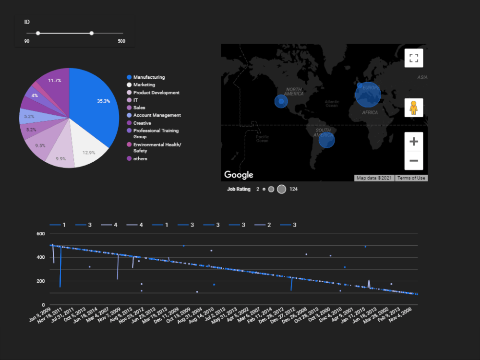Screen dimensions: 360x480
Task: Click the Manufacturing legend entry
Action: coord(149,77)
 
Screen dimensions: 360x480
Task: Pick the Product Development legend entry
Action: coord(156,93)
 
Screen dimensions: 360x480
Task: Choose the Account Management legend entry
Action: coord(156,115)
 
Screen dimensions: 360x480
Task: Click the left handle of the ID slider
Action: coord(38,33)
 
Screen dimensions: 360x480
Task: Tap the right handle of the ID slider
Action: coord(91,33)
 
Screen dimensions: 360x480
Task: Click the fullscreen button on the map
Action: coord(414,59)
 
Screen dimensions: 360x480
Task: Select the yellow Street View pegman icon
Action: coord(414,108)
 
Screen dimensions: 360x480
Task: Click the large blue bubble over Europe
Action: coord(368,94)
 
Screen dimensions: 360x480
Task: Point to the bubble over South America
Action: coord(326,141)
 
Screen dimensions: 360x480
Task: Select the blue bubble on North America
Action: coord(281,101)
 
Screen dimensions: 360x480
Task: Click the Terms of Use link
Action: coord(411,178)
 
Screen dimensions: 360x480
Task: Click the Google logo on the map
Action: coord(239,175)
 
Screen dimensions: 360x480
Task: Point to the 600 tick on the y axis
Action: coord(40,234)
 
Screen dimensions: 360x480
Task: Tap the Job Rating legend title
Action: coord(239,189)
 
